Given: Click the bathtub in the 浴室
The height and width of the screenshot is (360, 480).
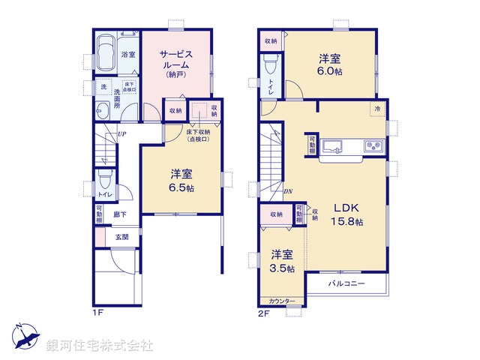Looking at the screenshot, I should coord(106,54).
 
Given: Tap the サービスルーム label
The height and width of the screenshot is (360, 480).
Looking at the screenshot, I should coord(177,59).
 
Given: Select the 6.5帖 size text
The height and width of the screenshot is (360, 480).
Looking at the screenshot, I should coord(182,188).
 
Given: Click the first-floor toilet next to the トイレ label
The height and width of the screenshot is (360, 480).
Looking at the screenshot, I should coord(103,181).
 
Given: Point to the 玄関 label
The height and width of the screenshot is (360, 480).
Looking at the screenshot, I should coord(121,237).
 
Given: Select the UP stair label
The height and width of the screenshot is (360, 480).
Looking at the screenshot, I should coord(121,135).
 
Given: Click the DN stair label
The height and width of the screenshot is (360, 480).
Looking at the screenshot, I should coord(287,190).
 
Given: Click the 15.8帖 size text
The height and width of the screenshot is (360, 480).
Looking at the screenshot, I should coord(349,222).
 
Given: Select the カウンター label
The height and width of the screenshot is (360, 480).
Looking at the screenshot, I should coord(281,301).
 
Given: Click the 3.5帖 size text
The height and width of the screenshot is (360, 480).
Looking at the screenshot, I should coord(283,268).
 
